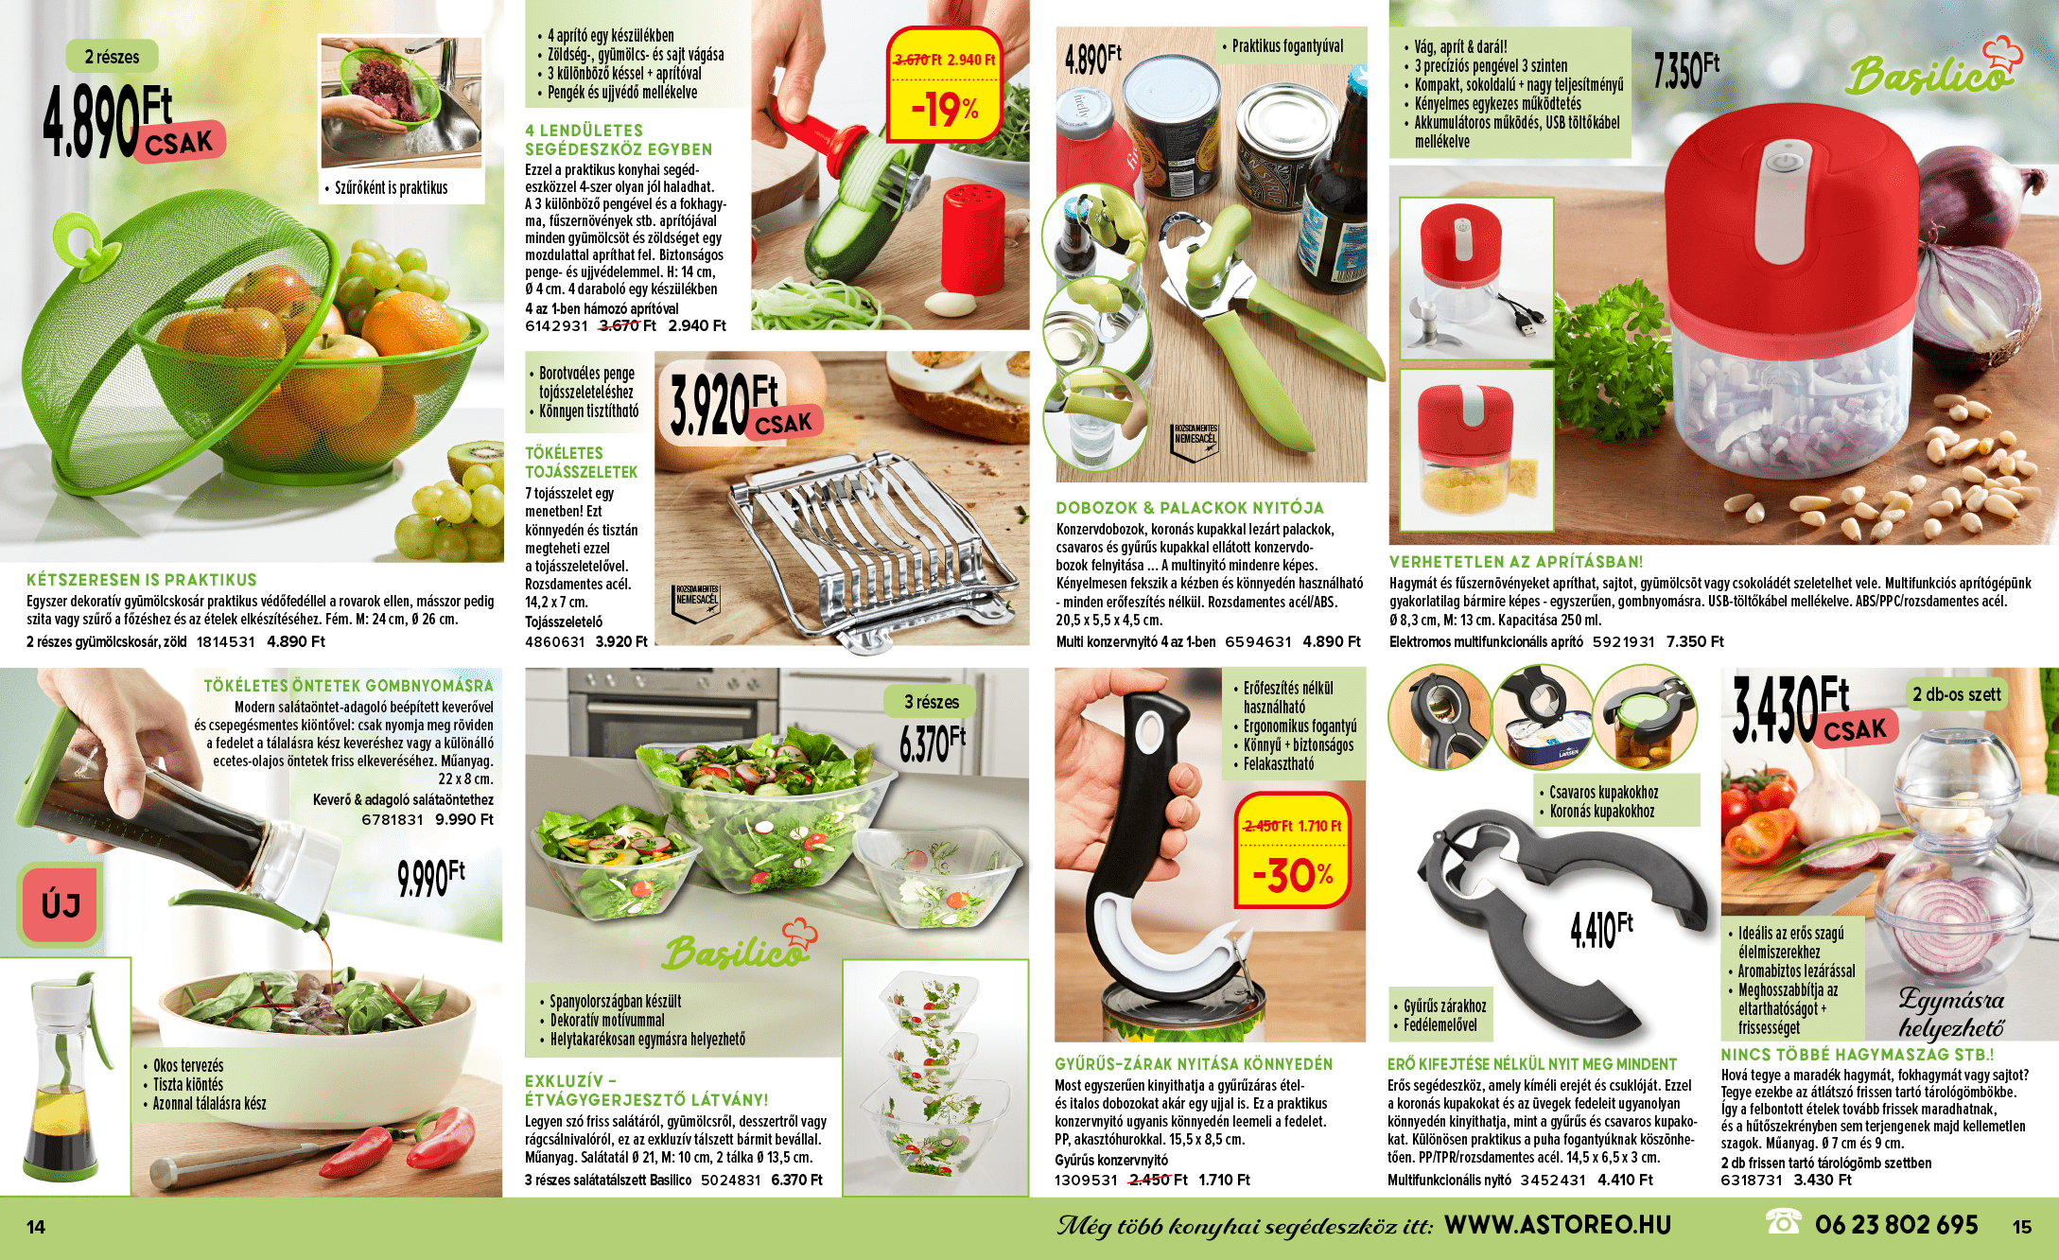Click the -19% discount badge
click(x=945, y=85)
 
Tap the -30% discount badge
click(x=1293, y=849)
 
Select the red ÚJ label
click(x=61, y=904)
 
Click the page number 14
click(x=36, y=1227)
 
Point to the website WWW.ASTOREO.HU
click(x=1558, y=1225)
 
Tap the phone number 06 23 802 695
click(x=1896, y=1225)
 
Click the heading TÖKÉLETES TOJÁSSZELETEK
click(x=582, y=463)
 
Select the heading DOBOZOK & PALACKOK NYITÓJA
click(x=1190, y=508)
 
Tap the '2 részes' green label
click(x=112, y=57)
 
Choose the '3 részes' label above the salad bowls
click(x=931, y=702)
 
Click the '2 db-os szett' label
click(x=1956, y=694)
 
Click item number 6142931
click(x=556, y=326)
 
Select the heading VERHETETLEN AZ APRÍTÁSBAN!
click(x=1516, y=562)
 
